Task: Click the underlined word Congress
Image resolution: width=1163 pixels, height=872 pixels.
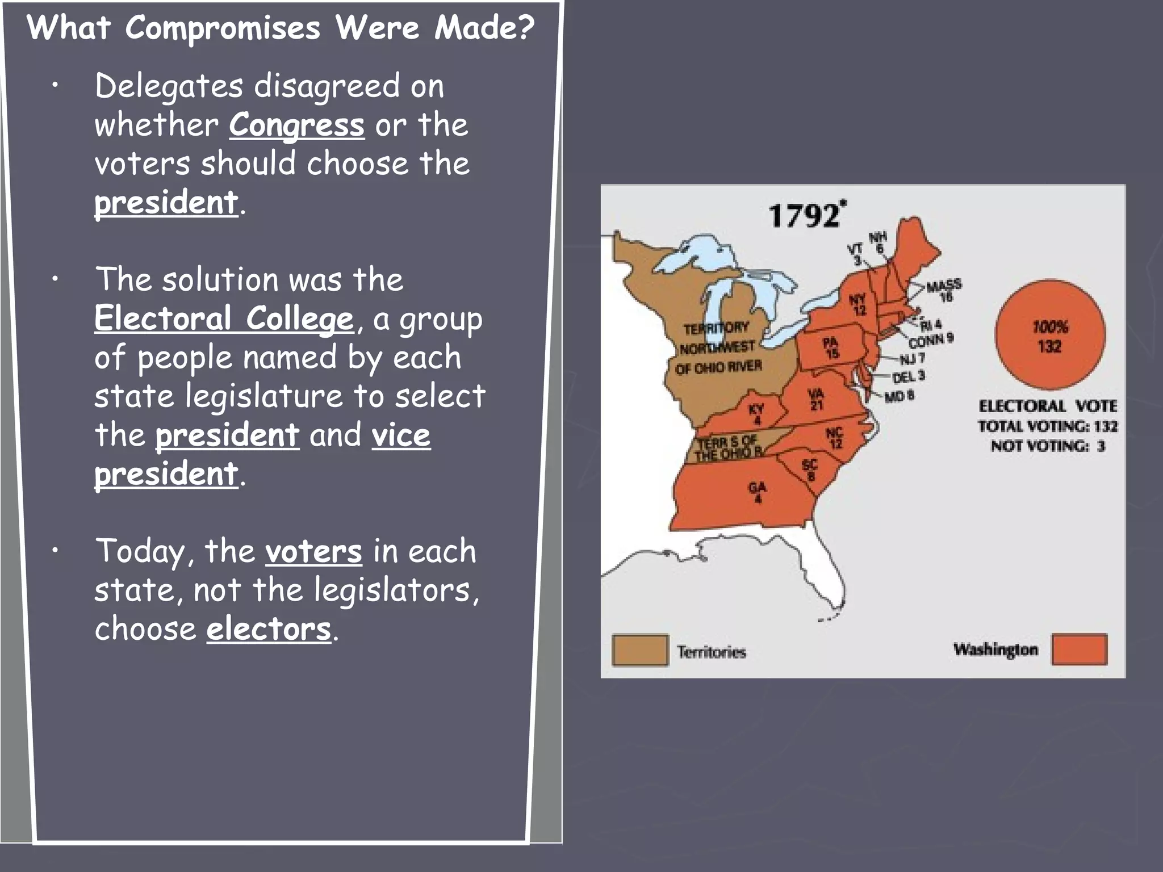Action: pyautogui.click(x=296, y=125)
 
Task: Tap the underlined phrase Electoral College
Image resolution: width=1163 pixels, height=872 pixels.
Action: pyautogui.click(x=224, y=318)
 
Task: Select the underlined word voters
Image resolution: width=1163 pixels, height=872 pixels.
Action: pyautogui.click(x=313, y=552)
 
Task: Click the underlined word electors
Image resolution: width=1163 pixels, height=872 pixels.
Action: pyautogui.click(x=269, y=630)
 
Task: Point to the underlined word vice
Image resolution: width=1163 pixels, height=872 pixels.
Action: pyautogui.click(x=401, y=435)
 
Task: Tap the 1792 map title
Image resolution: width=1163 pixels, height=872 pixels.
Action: pyautogui.click(x=805, y=215)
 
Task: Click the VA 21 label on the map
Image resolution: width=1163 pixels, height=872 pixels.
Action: pyautogui.click(x=816, y=399)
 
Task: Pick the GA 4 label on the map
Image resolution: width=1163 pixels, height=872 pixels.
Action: pyautogui.click(x=758, y=492)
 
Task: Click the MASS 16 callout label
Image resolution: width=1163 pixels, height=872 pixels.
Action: pyautogui.click(x=944, y=290)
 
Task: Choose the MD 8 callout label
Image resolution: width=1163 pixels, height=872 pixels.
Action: pyautogui.click(x=899, y=396)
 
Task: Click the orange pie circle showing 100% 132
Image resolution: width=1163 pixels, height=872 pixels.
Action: pyautogui.click(x=1050, y=336)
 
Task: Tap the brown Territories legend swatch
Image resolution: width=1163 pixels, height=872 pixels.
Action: pyautogui.click(x=639, y=650)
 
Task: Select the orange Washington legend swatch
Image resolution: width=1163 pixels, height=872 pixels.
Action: pyautogui.click(x=1079, y=649)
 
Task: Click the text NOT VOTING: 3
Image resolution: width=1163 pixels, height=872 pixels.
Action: pyautogui.click(x=1048, y=446)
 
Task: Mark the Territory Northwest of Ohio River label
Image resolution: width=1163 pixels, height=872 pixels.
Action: pyautogui.click(x=718, y=347)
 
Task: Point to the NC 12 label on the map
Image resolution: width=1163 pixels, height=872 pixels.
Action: pyautogui.click(x=834, y=438)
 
